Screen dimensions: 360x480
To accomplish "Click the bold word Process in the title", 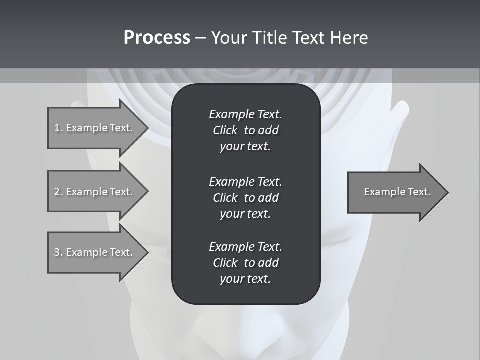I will pyautogui.click(x=157, y=38).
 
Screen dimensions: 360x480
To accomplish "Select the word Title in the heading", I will pyautogui.click(x=270, y=38).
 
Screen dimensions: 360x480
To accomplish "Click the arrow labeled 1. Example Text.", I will pyautogui.click(x=95, y=128).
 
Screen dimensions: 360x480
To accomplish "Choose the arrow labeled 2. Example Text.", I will pyautogui.click(x=95, y=192).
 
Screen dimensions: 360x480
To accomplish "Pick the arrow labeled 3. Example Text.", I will pyautogui.click(x=95, y=252).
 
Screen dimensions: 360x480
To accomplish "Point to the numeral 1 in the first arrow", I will pyautogui.click(x=57, y=128).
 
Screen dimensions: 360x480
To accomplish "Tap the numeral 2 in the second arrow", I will pyautogui.click(x=57, y=192).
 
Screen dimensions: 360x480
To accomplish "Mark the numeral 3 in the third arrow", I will pyautogui.click(x=57, y=252).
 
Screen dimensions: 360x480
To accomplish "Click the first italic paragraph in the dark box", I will pyautogui.click(x=245, y=130).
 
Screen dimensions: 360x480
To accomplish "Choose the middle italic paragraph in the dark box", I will pyautogui.click(x=245, y=198).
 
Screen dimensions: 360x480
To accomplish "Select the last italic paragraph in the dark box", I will pyautogui.click(x=245, y=263).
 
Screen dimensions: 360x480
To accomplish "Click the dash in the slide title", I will pyautogui.click(x=201, y=38).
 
